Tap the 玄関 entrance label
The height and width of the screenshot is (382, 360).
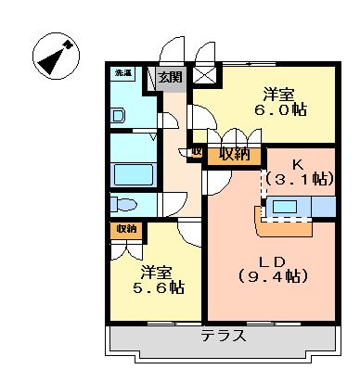coord(170,78)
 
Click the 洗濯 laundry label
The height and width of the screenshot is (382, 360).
coord(122,73)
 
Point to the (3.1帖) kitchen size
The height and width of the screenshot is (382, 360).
coord(299,178)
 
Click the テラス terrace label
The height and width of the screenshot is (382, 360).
coord(225,337)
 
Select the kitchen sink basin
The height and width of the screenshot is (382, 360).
coord(284,207)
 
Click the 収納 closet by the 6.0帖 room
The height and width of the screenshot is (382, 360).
coord(235,155)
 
